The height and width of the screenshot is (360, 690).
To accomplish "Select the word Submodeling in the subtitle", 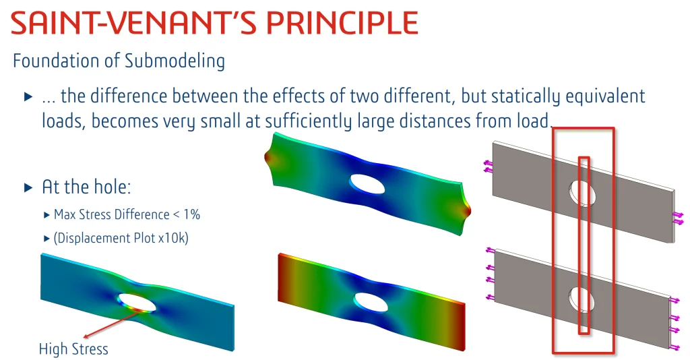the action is coord(175,61).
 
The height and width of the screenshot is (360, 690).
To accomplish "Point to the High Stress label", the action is coord(73,349).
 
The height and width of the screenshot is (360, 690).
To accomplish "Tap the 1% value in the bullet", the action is coord(192,214).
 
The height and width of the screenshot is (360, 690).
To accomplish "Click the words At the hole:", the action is coord(86,187).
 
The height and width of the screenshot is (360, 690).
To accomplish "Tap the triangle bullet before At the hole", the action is coord(28,187).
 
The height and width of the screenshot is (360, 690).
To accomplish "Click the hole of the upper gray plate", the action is coord(582,193).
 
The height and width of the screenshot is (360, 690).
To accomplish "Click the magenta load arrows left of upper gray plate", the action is coord(488,167).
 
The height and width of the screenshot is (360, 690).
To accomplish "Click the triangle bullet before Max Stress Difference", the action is coord(46,215).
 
